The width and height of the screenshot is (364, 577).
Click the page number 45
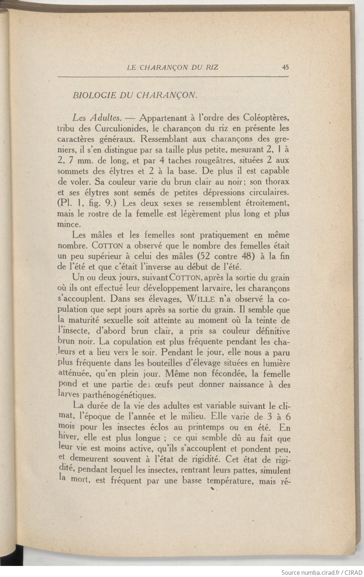(x=285, y=67)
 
